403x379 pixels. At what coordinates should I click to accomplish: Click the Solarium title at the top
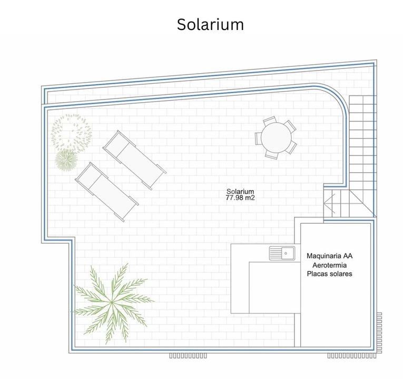tap(210, 25)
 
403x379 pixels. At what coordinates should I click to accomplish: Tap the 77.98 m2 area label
tap(240, 198)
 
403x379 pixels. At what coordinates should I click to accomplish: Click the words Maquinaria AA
tap(329, 256)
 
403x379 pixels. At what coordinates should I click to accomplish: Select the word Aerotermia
tap(329, 265)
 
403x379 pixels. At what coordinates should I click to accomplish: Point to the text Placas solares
tap(329, 274)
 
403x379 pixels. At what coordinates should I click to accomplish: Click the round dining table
tap(277, 137)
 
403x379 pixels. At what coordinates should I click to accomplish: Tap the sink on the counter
tap(282, 253)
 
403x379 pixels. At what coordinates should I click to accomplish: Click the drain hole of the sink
tap(286, 253)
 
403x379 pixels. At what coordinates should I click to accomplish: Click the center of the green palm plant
tap(112, 303)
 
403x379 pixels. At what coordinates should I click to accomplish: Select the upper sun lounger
tap(134, 160)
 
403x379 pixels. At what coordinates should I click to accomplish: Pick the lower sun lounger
tap(107, 192)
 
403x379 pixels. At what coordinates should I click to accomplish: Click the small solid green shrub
tap(66, 160)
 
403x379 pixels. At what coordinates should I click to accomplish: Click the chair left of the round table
tap(258, 138)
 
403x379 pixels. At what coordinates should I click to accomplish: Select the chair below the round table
tap(272, 155)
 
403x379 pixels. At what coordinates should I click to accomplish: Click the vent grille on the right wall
tap(379, 333)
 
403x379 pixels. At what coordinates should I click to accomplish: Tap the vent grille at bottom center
tap(188, 356)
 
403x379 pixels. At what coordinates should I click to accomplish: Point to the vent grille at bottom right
tap(351, 356)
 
